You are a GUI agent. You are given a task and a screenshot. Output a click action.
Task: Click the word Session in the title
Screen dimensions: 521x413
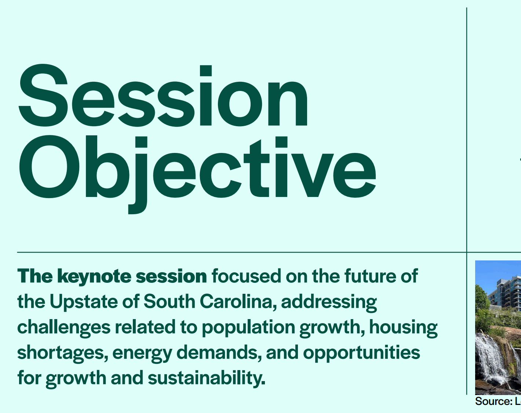pyautogui.click(x=163, y=95)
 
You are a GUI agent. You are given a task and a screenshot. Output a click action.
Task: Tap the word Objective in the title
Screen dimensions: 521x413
pyautogui.click(x=197, y=174)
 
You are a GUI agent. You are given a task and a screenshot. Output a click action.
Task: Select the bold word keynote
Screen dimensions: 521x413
pyautogui.click(x=94, y=277)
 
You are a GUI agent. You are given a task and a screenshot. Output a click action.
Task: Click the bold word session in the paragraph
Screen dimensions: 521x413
pyautogui.click(x=171, y=277)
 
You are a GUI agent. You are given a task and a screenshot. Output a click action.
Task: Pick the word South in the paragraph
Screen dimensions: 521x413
pyautogui.click(x=170, y=301)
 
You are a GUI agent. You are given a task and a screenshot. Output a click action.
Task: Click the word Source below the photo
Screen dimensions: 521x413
pyautogui.click(x=494, y=402)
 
